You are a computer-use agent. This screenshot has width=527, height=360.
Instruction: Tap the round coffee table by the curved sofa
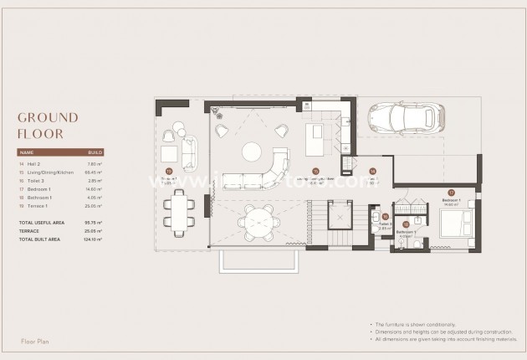[x=252, y=152]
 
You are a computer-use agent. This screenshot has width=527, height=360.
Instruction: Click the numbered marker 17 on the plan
[x=451, y=193]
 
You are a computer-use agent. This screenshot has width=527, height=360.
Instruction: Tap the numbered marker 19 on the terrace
[x=169, y=171]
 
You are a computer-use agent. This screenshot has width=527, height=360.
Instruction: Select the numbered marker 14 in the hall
[x=373, y=171]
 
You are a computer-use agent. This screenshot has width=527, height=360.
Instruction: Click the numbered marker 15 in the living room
[x=315, y=171]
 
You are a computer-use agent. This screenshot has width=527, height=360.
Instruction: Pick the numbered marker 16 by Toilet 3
[x=385, y=216]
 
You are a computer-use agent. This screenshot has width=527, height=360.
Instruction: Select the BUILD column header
[x=95, y=152]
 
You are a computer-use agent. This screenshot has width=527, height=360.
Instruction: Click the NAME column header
[x=26, y=152]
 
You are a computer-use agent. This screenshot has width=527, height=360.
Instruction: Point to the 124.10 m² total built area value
[x=92, y=239]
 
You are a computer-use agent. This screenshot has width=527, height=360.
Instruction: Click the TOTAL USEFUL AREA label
[x=38, y=223]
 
